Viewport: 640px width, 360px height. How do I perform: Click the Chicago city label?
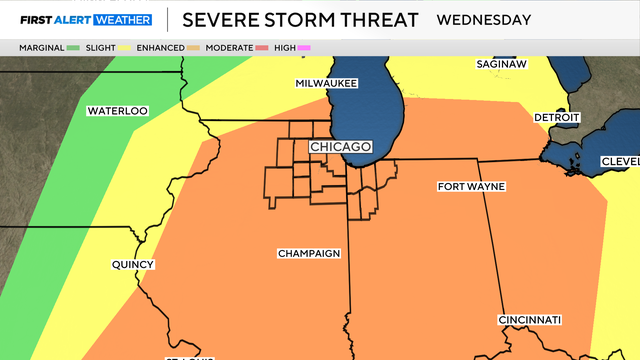click(x=341, y=147)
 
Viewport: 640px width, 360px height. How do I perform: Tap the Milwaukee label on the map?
click(x=326, y=83)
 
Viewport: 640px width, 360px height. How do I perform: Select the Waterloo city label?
click(x=117, y=111)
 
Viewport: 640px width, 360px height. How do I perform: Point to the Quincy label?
click(x=133, y=265)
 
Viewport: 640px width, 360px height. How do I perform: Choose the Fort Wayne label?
click(x=471, y=187)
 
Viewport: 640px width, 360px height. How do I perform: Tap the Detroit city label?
click(x=556, y=117)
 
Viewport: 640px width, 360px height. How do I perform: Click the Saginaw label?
click(x=500, y=63)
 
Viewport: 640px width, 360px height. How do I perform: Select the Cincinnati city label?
click(x=530, y=320)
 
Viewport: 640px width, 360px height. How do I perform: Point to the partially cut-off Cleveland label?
click(x=620, y=162)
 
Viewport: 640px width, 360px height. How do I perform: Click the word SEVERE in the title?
click(x=219, y=19)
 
